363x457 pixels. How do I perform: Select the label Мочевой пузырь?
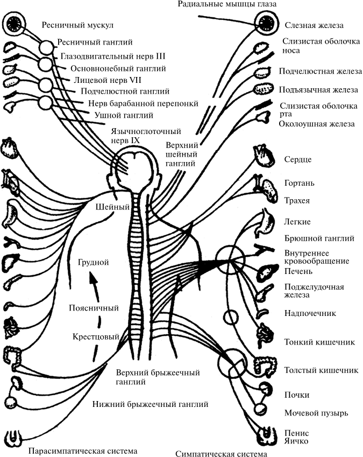click(x=316, y=413)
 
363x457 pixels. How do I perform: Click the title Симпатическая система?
click(x=220, y=454)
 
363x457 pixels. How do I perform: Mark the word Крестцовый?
click(x=95, y=337)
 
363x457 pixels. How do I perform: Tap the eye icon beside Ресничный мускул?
click(x=13, y=24)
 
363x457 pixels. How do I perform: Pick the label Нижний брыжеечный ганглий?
click(x=150, y=403)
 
